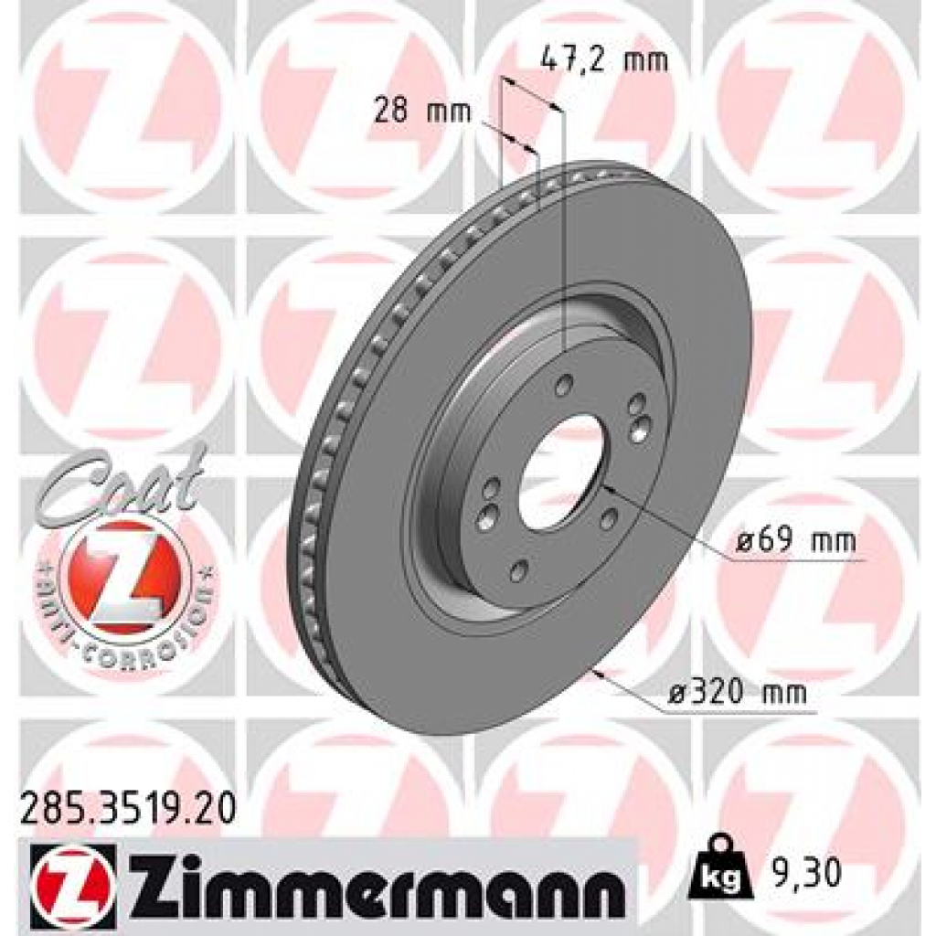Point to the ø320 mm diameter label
737,694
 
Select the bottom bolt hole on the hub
517,572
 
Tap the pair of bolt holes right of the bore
639,414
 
